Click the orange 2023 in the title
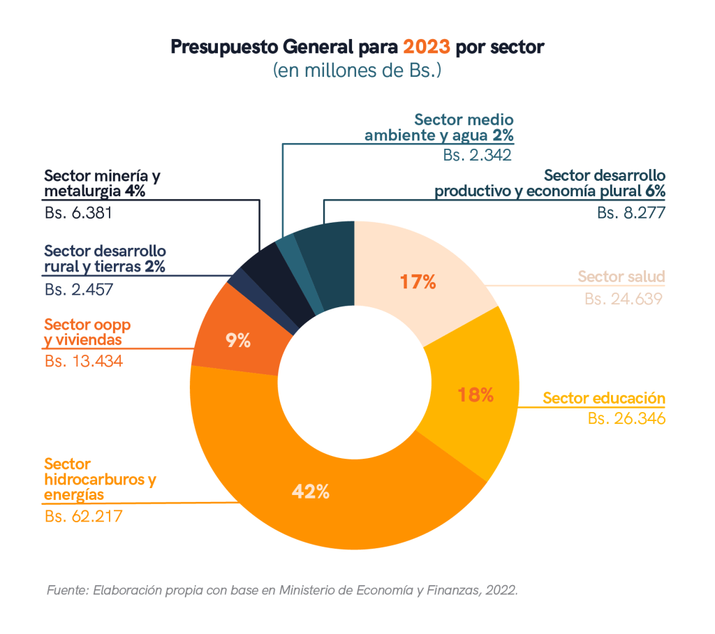[427, 47]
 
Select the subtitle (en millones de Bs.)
[357, 71]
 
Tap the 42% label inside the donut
[311, 492]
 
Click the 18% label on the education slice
[476, 395]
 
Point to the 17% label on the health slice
[418, 282]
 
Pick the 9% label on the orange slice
[238, 341]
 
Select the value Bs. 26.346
[626, 419]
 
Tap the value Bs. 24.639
[624, 299]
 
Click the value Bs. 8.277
[631, 213]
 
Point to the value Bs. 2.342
[478, 155]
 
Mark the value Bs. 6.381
[78, 212]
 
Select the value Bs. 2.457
[78, 288]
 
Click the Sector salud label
[621, 277]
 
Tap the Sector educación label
[604, 399]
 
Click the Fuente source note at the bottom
[282, 590]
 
